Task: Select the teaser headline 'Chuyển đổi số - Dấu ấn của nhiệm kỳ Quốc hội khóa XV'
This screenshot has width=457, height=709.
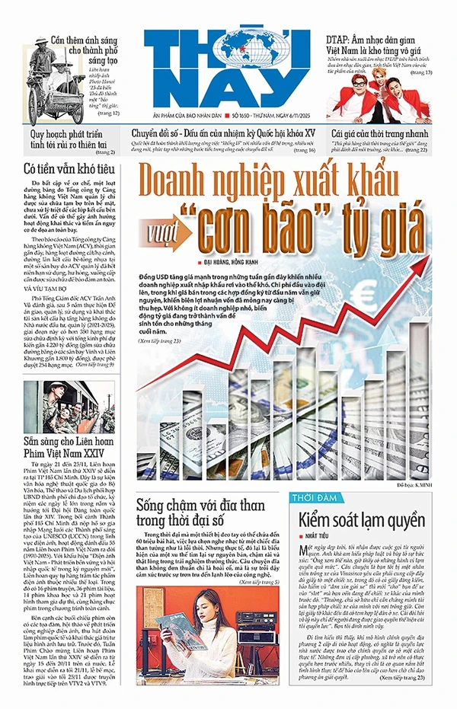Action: click(223, 133)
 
